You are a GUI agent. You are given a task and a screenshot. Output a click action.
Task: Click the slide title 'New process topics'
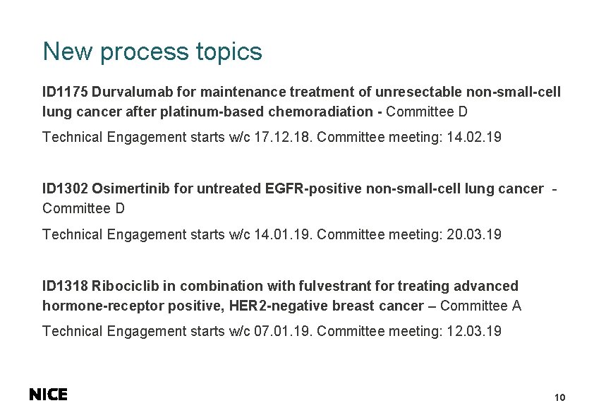152,52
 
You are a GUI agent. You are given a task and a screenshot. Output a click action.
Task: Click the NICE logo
48,395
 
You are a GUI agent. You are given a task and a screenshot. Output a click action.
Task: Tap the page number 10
560,398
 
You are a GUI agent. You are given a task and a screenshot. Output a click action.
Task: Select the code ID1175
65,92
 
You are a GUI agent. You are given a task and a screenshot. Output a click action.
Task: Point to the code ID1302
65,188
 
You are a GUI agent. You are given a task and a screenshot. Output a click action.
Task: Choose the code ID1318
65,286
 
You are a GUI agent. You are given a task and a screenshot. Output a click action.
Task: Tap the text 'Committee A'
480,306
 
